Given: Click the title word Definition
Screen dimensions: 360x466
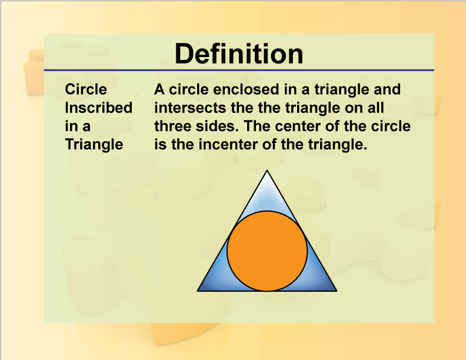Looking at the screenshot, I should [x=239, y=54].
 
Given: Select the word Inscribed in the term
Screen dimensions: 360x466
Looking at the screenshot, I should [x=98, y=108].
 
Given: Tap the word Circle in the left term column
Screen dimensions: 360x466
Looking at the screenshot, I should [x=86, y=89].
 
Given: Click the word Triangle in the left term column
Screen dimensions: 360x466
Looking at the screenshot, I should [x=94, y=144].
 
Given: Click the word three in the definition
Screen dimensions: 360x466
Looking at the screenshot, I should [x=174, y=126].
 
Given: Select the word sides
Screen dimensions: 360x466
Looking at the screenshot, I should [x=218, y=126].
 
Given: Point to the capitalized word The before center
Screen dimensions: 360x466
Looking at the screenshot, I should [x=255, y=126].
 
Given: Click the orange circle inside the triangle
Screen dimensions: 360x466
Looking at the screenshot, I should [x=267, y=251].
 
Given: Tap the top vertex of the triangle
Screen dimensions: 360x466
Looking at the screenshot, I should [x=268, y=171].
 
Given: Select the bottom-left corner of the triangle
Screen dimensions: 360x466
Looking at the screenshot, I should [x=198, y=291].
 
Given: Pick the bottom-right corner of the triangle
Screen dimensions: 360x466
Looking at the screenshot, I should [x=336, y=291].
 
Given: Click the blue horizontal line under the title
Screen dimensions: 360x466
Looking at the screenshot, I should [x=239, y=70].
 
